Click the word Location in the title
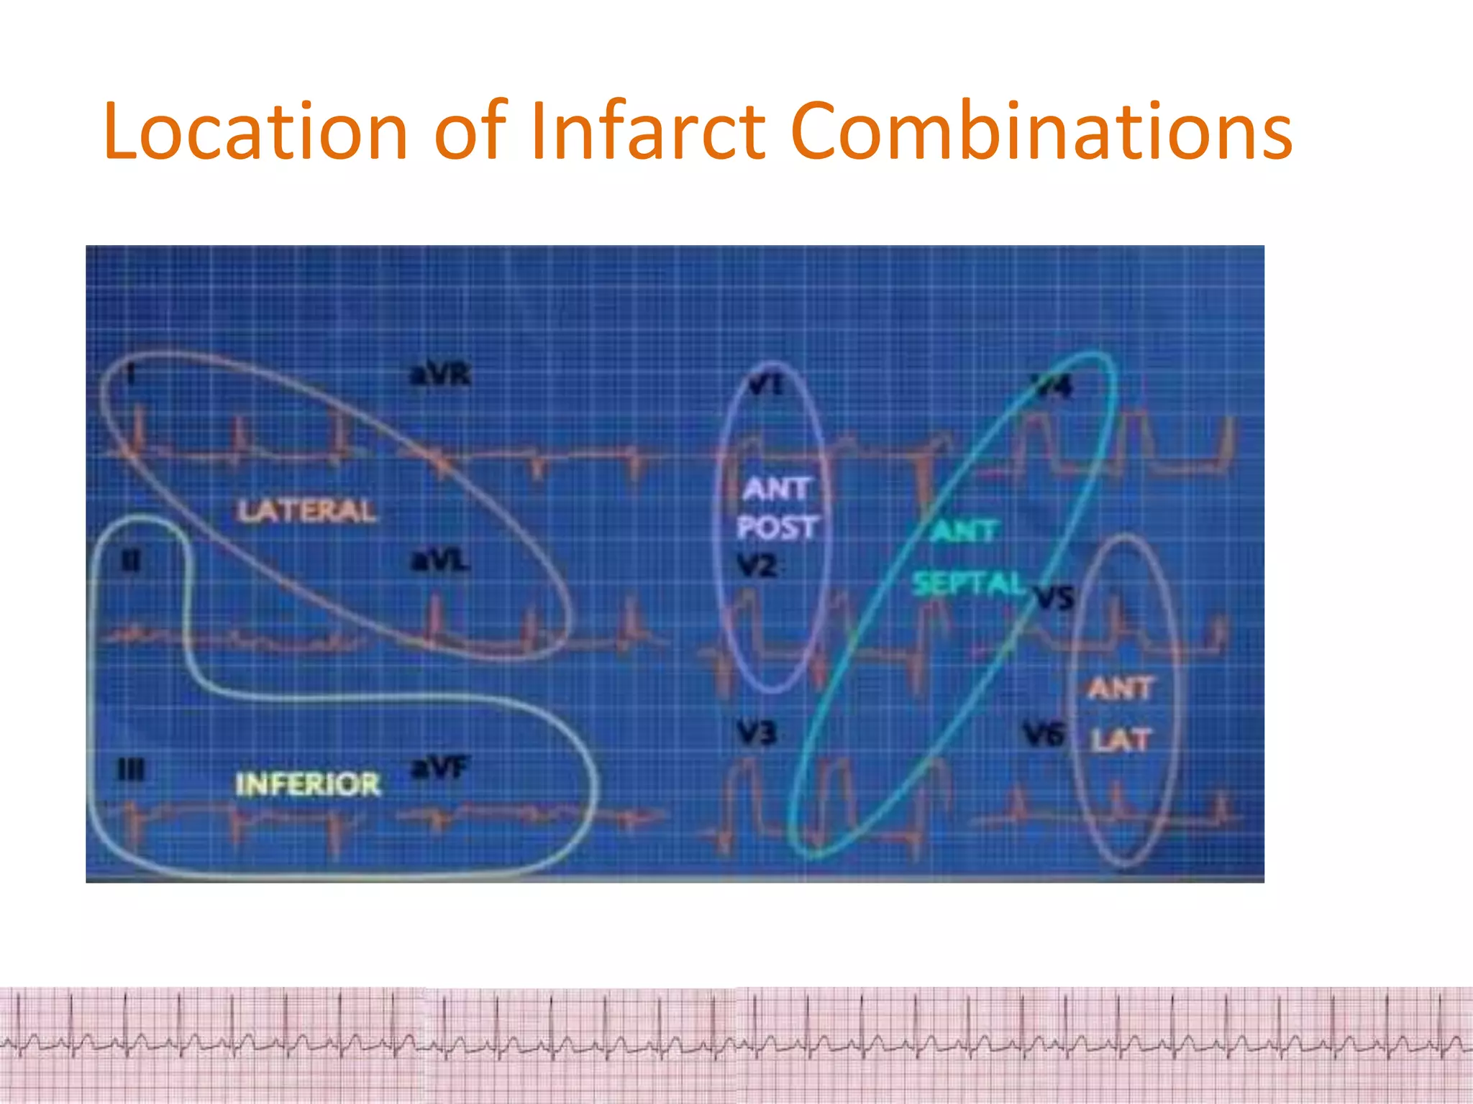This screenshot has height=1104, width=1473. coord(256,132)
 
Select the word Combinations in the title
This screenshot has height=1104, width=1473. coord(1041,132)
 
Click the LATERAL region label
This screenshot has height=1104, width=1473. coord(306,511)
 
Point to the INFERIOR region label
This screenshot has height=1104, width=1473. coord(308,784)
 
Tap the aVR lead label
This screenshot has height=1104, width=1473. coord(440,374)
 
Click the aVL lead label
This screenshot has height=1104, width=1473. coord(440,560)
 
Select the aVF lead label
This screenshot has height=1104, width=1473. coord(439,768)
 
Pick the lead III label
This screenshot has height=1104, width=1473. coord(131,771)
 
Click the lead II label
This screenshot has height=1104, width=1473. coord(129,561)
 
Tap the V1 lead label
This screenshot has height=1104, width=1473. coord(765,385)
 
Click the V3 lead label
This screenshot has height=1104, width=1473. coord(756,734)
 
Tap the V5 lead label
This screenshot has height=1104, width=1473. coord(1054,597)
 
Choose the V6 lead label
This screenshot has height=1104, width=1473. coord(1044,735)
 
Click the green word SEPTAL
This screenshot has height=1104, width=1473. coord(967,584)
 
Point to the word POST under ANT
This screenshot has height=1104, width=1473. coord(777,528)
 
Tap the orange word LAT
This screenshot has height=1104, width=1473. coord(1121,740)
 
